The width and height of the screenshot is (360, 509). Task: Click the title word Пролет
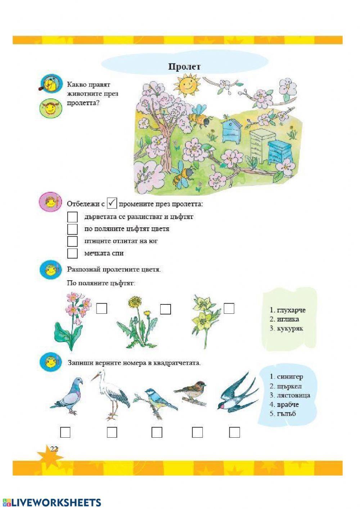(x=184, y=67)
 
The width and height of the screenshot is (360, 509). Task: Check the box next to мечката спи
(x=72, y=253)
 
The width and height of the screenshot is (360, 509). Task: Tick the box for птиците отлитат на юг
(x=72, y=241)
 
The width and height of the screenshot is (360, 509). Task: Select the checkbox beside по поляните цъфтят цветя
(x=72, y=229)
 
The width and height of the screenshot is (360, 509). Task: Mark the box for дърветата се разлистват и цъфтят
(x=72, y=217)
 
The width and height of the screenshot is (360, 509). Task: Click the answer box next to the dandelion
(x=165, y=309)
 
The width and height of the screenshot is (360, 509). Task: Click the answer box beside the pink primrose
(x=102, y=308)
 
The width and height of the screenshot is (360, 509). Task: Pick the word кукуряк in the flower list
(x=290, y=329)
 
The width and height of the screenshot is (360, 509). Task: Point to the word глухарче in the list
(x=291, y=310)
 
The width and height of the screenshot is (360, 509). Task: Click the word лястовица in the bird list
(x=293, y=395)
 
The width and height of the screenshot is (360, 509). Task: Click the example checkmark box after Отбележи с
(x=112, y=203)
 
